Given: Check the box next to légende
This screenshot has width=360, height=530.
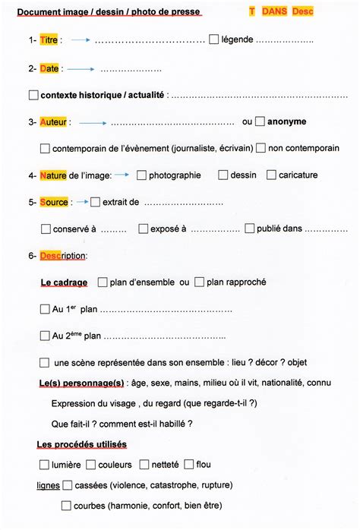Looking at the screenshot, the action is [x=213, y=39].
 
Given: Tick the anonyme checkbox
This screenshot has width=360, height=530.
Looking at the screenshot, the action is [x=261, y=121].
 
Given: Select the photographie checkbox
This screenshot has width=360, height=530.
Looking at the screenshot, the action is [x=141, y=175].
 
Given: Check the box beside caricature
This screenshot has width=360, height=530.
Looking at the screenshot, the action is [x=271, y=175].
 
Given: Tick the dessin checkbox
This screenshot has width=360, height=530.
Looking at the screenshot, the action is [x=223, y=175].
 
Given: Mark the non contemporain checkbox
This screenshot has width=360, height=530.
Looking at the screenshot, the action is [x=261, y=148].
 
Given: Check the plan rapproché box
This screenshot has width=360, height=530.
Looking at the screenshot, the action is [x=199, y=282].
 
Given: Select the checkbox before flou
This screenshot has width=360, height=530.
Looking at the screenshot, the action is [x=188, y=464].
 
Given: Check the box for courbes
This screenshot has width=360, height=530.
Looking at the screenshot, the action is [x=66, y=505].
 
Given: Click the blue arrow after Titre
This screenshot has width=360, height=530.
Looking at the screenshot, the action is [x=79, y=40].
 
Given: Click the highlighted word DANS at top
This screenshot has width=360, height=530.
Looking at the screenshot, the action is [x=274, y=12].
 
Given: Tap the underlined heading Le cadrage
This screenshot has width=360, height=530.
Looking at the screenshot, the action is [x=64, y=282].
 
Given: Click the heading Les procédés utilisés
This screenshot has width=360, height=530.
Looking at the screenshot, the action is [x=81, y=444].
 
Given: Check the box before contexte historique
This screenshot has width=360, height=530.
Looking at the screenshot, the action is [x=33, y=96].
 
